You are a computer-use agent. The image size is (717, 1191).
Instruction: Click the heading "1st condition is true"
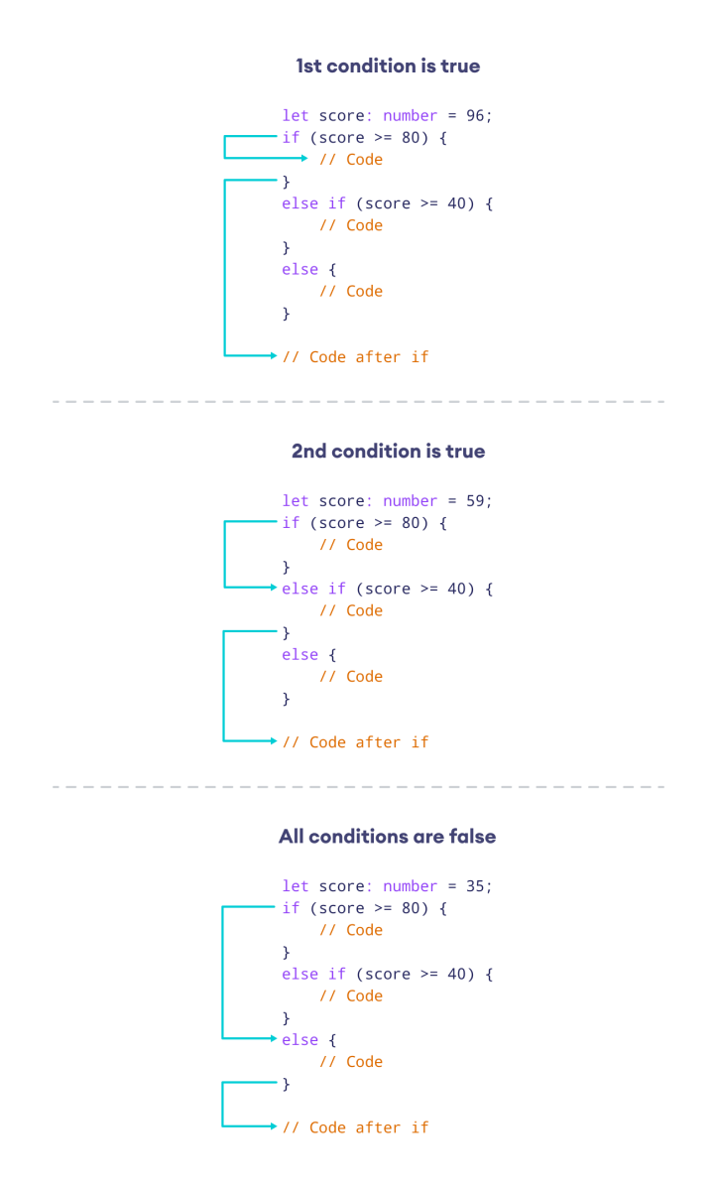pos(388,66)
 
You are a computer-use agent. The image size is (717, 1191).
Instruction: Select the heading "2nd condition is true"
pos(388,452)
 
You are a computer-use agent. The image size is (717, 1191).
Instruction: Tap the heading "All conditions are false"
pos(388,837)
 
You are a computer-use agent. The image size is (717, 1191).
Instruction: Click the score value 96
pos(474,116)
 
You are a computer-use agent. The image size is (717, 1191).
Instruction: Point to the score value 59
pos(474,501)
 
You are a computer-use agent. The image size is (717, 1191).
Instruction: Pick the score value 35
pos(474,886)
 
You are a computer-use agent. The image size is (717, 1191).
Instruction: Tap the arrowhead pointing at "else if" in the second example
pos(273,588)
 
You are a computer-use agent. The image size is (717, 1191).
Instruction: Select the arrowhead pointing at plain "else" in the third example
pos(273,1039)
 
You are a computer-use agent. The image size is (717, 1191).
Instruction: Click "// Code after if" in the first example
pos(355,356)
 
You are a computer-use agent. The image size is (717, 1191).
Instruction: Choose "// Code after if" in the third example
pos(355,1127)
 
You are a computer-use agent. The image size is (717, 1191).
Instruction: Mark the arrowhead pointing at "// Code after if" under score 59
pos(273,741)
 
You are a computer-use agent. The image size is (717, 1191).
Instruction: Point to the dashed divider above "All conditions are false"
pos(358,787)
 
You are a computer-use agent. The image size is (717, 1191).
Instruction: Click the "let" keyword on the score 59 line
pos(295,501)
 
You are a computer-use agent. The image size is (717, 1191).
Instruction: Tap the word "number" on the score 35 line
pos(411,886)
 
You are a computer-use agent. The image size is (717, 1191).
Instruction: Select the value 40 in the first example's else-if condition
pos(456,203)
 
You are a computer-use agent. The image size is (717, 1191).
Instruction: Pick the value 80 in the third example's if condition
pos(411,908)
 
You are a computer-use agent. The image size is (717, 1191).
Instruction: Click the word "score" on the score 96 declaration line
pos(341,116)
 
